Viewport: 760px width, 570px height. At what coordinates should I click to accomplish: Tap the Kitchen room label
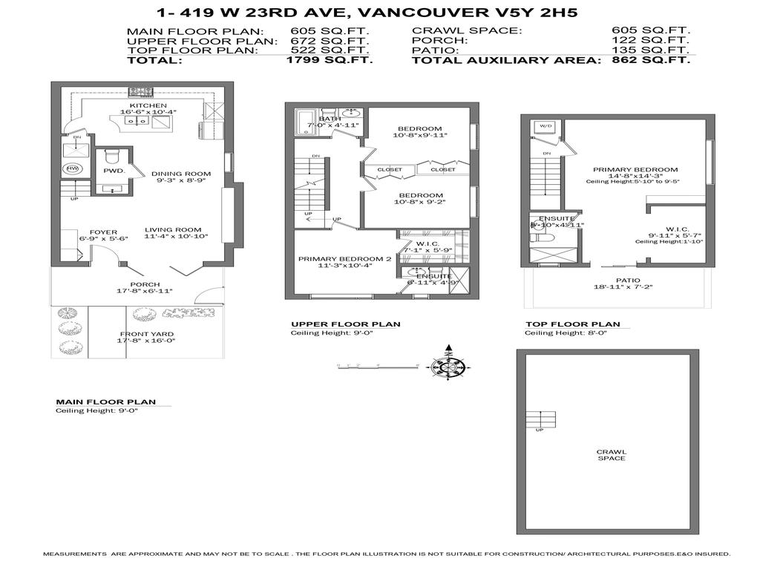pyautogui.click(x=148, y=106)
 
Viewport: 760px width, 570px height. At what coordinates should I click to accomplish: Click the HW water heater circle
pyautogui.click(x=73, y=168)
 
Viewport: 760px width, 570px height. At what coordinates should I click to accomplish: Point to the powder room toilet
pyautogui.click(x=112, y=157)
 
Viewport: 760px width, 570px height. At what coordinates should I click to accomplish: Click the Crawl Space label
pyautogui.click(x=611, y=454)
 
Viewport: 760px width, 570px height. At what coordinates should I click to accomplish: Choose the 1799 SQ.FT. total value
pyautogui.click(x=329, y=60)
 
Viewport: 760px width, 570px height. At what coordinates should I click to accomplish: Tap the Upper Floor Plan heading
pyautogui.click(x=345, y=324)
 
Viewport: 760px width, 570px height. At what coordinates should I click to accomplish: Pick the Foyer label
pyautogui.click(x=104, y=232)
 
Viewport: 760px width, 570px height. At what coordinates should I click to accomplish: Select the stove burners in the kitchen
pyautogui.click(x=140, y=93)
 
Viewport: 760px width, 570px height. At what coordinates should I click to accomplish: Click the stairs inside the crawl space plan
pyautogui.click(x=540, y=419)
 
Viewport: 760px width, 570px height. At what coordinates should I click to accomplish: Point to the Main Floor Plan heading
pyautogui.click(x=105, y=402)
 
